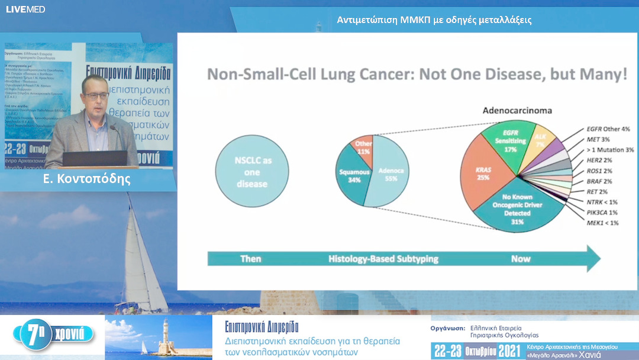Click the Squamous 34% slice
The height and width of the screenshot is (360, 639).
pos(353,175)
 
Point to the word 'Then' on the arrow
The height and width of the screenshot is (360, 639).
pos(251,259)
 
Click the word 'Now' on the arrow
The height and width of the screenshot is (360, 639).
pos(521,259)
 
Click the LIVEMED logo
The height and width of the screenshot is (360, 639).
pos(25,9)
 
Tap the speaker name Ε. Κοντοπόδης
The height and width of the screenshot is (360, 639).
pos(87,178)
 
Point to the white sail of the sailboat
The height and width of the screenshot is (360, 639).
pos(140,261)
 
